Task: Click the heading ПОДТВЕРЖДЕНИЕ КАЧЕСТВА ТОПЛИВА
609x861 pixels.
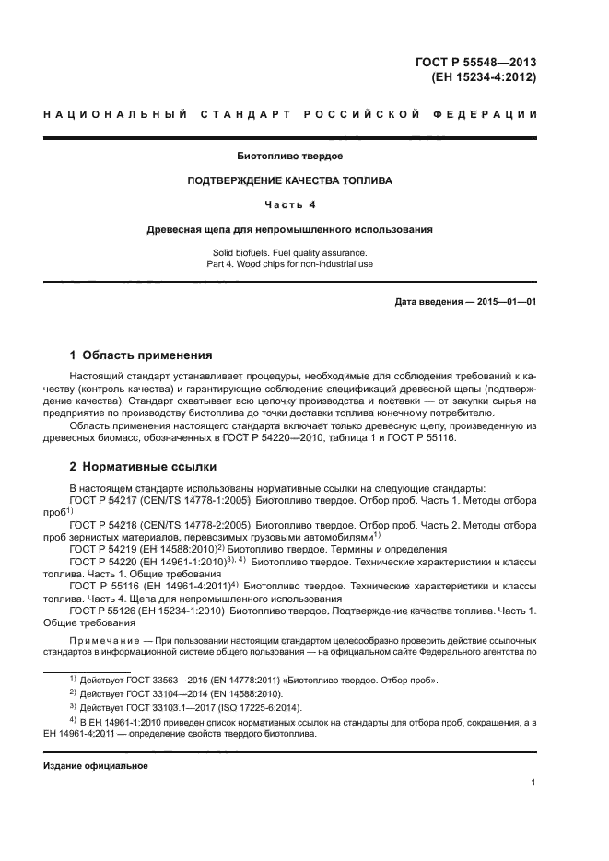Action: (x=290, y=181)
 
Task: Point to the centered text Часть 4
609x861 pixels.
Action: (x=290, y=204)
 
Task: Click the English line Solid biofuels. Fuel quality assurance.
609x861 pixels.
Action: (x=290, y=252)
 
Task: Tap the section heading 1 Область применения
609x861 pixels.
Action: (x=142, y=355)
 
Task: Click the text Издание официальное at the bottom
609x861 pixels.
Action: (x=95, y=766)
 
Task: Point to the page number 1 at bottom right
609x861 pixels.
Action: (x=533, y=783)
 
